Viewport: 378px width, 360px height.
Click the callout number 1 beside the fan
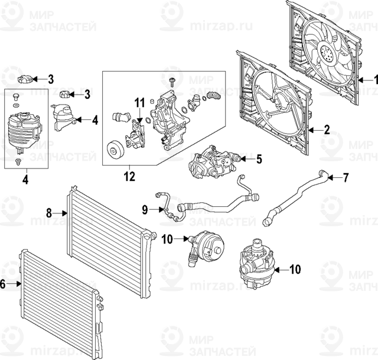coord(373,79)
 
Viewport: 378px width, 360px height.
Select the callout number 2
coord(326,129)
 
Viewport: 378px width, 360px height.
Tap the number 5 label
coord(258,158)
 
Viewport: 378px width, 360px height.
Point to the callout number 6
coord(3,284)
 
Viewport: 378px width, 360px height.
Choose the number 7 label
coord(346,177)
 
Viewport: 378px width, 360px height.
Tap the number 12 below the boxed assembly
coord(129,176)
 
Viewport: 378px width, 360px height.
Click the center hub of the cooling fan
coord(328,54)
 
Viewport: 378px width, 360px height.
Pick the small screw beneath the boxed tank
coord(18,160)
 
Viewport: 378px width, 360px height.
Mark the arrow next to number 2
coord(315,129)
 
